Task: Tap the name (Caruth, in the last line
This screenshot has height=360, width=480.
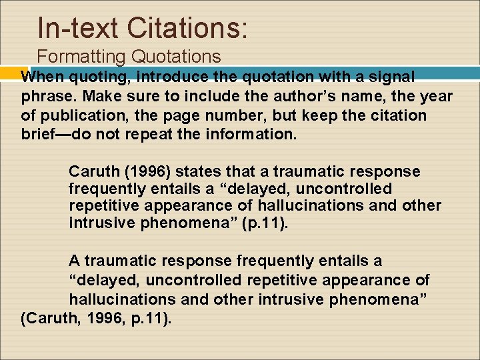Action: pyautogui.click(x=49, y=318)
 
